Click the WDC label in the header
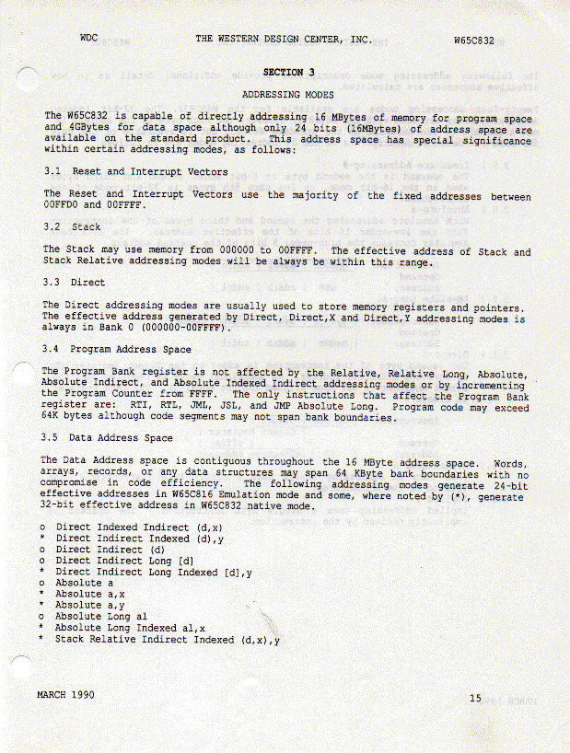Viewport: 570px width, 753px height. click(89, 39)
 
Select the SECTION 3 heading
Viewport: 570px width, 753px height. click(288, 72)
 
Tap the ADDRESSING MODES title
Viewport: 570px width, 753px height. click(287, 94)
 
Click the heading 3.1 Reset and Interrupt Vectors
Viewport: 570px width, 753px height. click(135, 171)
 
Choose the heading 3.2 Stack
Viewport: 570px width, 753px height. click(73, 226)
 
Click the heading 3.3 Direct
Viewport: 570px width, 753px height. click(75, 283)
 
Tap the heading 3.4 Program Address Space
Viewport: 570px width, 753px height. click(117, 350)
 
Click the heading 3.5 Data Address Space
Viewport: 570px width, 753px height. click(108, 438)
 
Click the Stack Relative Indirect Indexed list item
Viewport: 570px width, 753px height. click(167, 639)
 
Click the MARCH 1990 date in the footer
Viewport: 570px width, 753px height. click(64, 693)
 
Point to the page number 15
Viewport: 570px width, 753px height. click(475, 699)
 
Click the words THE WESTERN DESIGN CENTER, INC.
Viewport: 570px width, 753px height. click(283, 40)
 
